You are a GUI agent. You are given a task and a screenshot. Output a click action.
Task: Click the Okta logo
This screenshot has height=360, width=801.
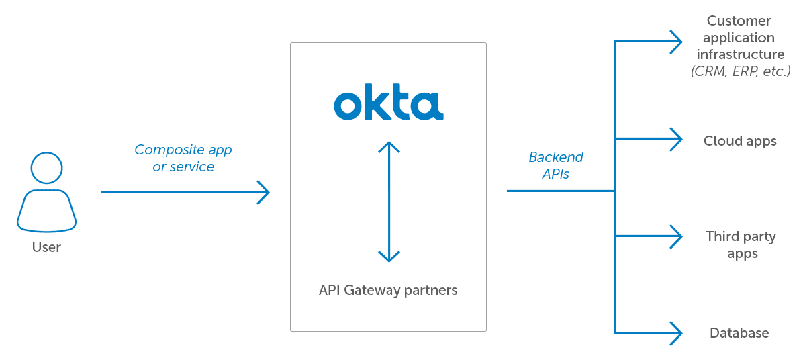[388, 106]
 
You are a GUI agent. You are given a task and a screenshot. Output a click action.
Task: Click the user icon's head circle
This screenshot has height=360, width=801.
[47, 168]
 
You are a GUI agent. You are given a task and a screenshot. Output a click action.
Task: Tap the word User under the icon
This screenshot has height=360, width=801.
[47, 247]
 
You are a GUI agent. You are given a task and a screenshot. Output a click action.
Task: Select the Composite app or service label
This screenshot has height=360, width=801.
[183, 159]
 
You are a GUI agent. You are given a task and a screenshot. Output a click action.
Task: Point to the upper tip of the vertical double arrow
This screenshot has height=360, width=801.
[389, 142]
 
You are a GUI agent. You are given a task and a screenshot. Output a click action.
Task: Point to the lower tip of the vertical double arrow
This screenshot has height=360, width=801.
[389, 261]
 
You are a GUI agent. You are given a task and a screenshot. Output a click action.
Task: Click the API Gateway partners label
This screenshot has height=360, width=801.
[388, 291]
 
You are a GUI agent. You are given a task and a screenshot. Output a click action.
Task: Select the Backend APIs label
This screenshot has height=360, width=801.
[556, 165]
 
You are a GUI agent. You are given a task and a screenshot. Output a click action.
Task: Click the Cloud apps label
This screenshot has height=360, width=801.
[740, 141]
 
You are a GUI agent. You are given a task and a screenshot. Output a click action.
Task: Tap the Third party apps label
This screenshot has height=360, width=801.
[741, 245]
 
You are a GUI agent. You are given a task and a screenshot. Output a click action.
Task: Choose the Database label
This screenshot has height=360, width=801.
[739, 333]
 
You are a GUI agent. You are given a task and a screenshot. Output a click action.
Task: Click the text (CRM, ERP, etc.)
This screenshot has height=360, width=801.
[741, 71]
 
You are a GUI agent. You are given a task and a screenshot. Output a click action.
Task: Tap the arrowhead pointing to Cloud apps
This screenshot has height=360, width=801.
[678, 140]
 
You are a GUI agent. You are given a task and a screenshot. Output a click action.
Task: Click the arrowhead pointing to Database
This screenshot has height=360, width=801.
[678, 332]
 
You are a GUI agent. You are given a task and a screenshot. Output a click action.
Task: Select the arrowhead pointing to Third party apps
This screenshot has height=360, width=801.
[678, 236]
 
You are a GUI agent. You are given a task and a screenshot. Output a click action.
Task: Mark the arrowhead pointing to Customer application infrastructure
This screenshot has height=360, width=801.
[678, 42]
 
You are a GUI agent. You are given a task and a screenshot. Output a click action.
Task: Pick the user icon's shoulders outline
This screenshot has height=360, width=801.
[47, 212]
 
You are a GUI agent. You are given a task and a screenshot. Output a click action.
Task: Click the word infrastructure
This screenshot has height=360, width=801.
[741, 54]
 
